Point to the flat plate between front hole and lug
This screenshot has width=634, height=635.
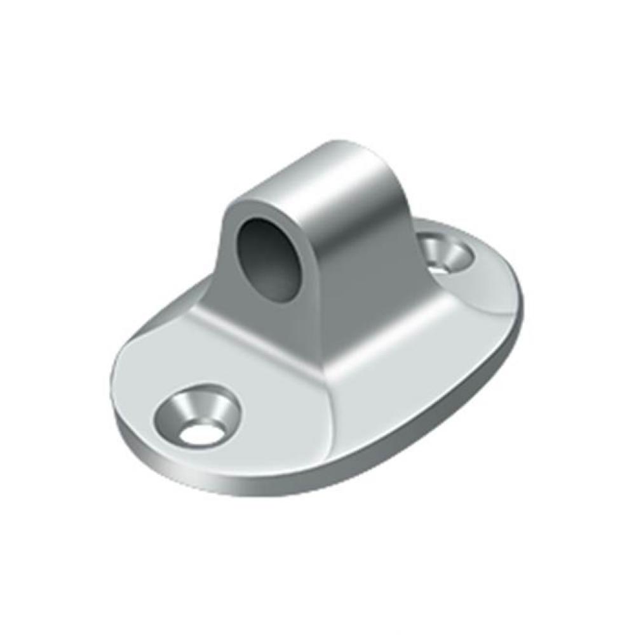[x=254, y=381]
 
